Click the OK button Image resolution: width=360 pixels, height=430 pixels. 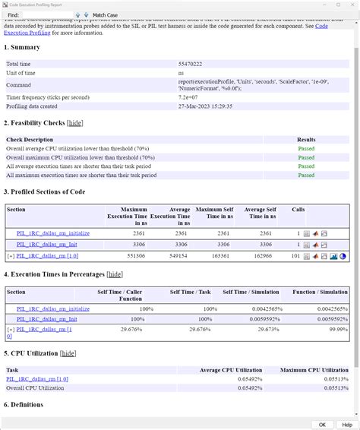[x=322, y=425]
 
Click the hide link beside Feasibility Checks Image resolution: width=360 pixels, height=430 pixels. [x=75, y=123]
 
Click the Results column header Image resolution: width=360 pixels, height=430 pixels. [x=305, y=140]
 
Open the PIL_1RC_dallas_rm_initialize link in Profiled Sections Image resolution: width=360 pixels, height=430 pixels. [x=53, y=233]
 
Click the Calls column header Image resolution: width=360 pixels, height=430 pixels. [x=298, y=208]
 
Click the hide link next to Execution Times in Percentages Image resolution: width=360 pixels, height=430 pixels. [x=115, y=274]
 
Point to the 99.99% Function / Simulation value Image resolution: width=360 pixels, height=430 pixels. [x=338, y=330]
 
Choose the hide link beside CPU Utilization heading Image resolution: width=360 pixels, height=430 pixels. [x=68, y=353]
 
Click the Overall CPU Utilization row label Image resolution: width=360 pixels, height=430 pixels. [x=36, y=387]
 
